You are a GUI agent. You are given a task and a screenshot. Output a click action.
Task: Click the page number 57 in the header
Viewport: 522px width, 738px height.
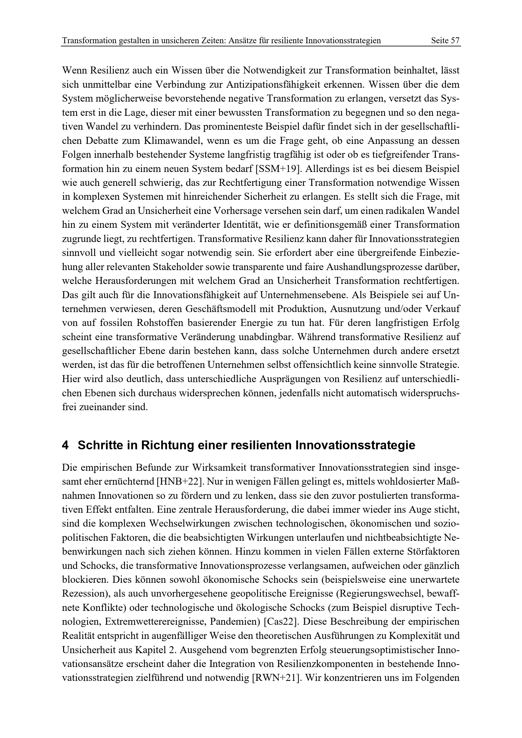[x=455, y=41]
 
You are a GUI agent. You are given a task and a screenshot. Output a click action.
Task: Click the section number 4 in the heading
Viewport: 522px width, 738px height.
[x=65, y=445]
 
